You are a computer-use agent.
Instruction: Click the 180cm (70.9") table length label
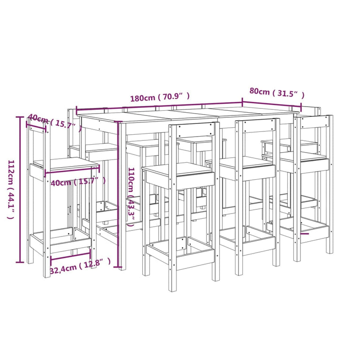[160, 98]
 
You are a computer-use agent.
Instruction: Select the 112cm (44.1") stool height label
[10, 190]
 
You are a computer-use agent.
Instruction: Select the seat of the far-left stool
[65, 164]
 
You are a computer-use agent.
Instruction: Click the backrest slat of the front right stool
[314, 122]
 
